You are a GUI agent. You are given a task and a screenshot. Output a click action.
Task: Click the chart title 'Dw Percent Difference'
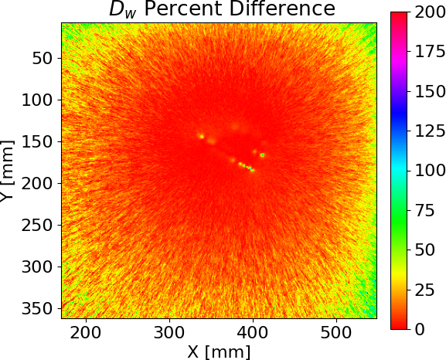point(222,9)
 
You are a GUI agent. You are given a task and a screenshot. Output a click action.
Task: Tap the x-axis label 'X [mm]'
point(219,352)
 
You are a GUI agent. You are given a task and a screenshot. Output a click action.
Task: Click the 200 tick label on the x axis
point(86,333)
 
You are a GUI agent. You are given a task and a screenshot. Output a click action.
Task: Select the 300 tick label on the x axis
point(169,333)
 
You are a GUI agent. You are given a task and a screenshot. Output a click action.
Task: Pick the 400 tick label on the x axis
point(253,333)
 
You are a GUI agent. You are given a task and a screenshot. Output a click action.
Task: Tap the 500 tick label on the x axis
point(336,333)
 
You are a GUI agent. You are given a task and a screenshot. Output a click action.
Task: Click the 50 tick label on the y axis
point(43,58)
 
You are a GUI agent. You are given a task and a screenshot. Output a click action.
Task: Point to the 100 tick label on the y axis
point(37,100)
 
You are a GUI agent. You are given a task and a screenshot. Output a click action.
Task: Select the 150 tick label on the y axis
point(37,141)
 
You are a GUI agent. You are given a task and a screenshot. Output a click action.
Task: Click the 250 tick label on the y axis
point(37,226)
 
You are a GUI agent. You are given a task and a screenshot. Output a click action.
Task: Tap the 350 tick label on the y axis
point(37,308)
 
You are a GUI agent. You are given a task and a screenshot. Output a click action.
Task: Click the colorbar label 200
point(430,12)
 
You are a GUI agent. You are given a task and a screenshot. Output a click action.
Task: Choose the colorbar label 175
point(430,52)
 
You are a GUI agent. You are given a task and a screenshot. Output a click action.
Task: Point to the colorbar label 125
point(430,131)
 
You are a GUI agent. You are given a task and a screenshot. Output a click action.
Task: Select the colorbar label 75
point(425,211)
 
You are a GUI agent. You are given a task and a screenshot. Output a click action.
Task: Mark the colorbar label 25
point(425,290)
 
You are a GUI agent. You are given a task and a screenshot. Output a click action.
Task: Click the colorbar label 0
point(420,329)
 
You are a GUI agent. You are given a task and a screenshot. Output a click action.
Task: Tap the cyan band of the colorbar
point(399,168)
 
